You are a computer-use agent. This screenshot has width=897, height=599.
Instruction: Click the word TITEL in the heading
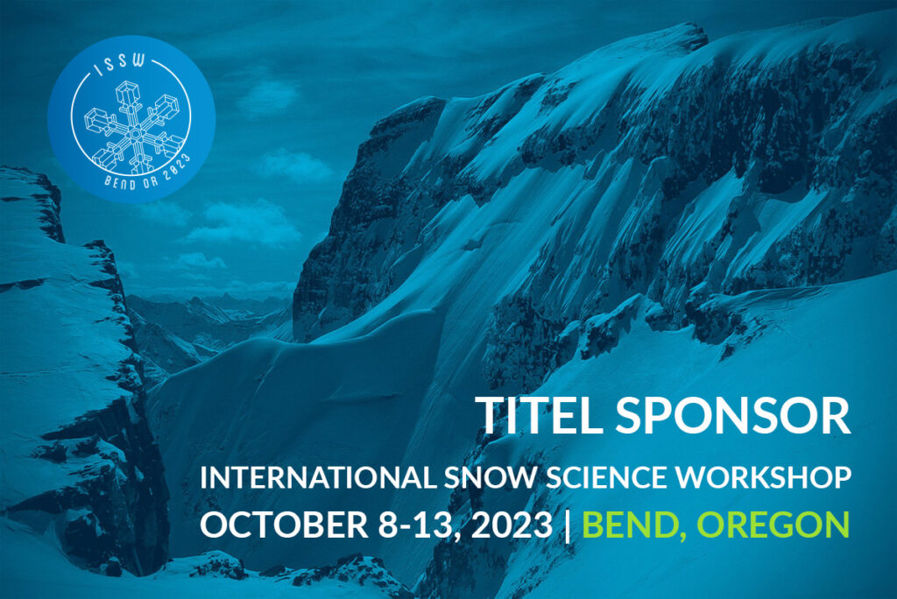point(540,414)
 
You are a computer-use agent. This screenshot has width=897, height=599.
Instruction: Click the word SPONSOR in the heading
point(733,414)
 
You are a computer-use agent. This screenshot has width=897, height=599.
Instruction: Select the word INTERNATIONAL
point(318,478)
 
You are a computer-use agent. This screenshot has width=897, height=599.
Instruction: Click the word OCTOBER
point(285,524)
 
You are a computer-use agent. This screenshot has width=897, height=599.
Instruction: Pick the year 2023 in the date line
point(512,524)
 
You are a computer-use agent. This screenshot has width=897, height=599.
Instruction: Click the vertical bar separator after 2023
point(568,525)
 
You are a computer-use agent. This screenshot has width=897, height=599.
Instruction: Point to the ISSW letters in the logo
point(119,65)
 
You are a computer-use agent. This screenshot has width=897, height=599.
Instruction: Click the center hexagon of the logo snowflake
point(135,135)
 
